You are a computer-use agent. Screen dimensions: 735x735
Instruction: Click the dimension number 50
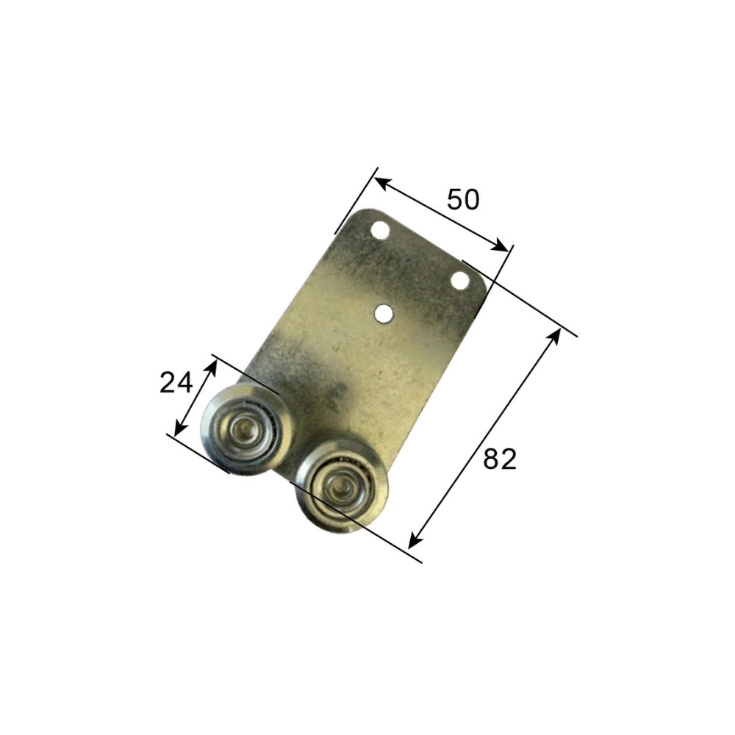point(463,199)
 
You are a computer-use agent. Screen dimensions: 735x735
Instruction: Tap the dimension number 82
point(500,459)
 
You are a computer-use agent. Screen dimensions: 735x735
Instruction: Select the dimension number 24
point(176,382)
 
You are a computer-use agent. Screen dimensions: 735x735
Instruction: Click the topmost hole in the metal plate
point(380,231)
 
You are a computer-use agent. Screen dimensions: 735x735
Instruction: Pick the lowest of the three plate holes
point(384,314)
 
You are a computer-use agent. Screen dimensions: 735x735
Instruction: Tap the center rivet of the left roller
point(243,428)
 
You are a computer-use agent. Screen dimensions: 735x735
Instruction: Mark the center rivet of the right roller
point(340,489)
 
